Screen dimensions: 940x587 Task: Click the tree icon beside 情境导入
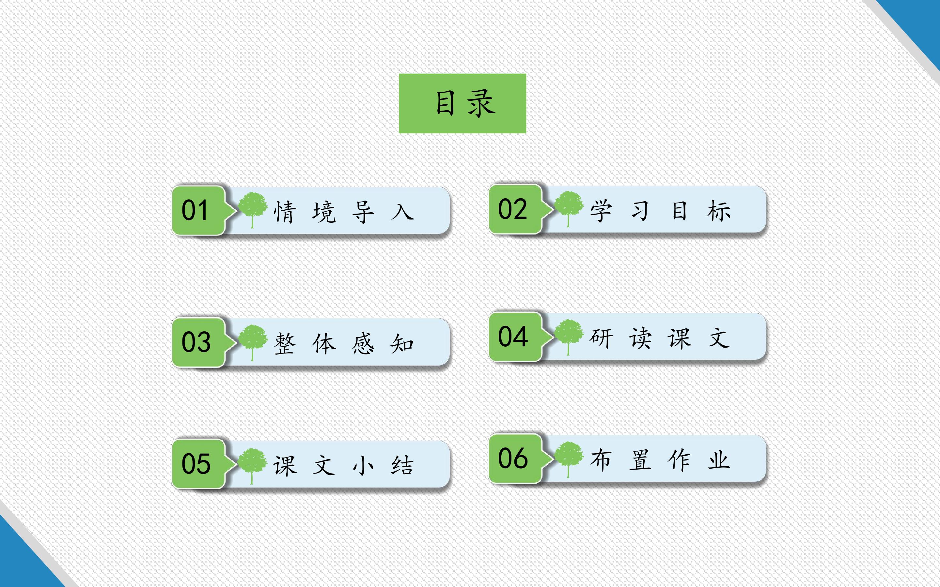click(x=253, y=210)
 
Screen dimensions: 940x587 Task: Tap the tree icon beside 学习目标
click(x=569, y=208)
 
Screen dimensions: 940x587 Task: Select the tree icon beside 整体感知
click(x=253, y=342)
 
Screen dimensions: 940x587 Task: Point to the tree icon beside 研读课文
click(x=569, y=337)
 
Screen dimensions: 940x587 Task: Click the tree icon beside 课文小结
click(x=253, y=465)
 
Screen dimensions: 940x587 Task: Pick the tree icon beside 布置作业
click(x=569, y=459)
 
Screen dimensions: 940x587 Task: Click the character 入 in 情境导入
click(x=403, y=212)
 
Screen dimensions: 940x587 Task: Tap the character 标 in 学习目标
click(x=719, y=211)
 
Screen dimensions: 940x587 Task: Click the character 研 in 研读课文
click(x=601, y=338)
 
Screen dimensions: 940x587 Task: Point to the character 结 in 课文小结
click(x=402, y=465)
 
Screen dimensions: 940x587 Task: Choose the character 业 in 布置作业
click(x=719, y=460)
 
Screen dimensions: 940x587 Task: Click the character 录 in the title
click(x=482, y=103)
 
